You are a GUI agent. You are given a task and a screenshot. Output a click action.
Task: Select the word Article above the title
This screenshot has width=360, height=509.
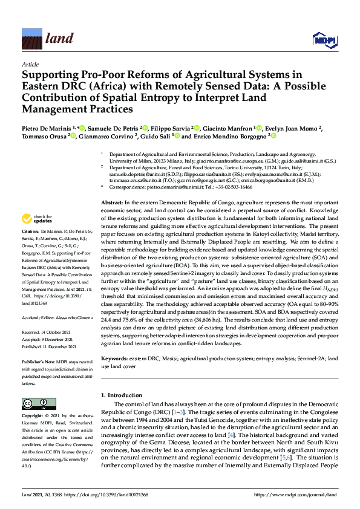click(x=30, y=63)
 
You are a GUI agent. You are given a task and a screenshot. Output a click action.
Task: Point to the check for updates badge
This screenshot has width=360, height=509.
click(x=38, y=219)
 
